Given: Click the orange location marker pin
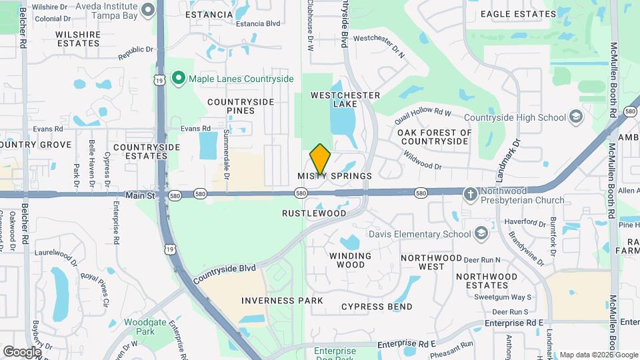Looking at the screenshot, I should tap(320, 159).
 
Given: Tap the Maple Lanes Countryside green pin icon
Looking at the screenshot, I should tap(178, 79).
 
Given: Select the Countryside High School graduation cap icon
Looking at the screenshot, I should tap(575, 118).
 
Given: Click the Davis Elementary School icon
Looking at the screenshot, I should tap(481, 234).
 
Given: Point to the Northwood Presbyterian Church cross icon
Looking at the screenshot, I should tap(471, 193).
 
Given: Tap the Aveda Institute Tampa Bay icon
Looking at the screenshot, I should tap(149, 10).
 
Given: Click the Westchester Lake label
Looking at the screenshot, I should tap(345, 99).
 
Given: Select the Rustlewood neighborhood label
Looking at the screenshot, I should tap(314, 214).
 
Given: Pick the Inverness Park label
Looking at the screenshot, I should tap(282, 301).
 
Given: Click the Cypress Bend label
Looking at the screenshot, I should tap(377, 307).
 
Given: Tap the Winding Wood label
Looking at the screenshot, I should tap(350, 260).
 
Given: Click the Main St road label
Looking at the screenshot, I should tap(140, 195).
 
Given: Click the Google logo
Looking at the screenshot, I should tap(22, 351).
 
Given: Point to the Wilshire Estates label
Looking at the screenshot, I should tap(78, 38).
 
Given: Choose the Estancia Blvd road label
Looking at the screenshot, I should tap(258, 23).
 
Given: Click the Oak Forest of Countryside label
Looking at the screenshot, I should tap(434, 137).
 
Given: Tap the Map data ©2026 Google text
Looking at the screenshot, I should tap(598, 355).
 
